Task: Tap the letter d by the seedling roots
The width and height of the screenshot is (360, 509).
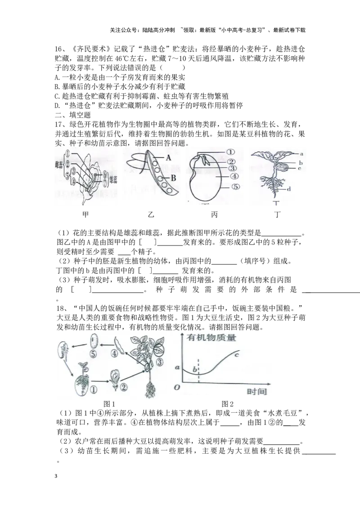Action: [x=288, y=189]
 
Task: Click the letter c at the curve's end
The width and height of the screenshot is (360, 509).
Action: [x=236, y=355]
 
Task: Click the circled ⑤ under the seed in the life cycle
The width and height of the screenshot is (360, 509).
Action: [x=93, y=354]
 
